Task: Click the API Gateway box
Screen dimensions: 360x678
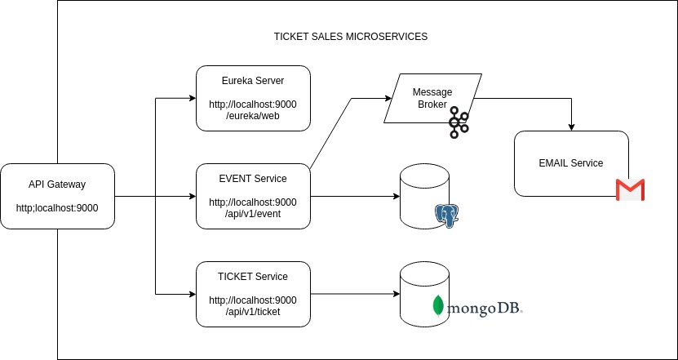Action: pos(57,196)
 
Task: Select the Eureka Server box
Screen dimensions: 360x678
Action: pos(253,98)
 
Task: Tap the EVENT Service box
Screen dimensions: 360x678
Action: pos(253,196)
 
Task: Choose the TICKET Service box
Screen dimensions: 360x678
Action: pos(253,294)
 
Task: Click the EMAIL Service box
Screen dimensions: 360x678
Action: pos(570,163)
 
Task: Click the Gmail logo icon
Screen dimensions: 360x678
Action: pos(630,190)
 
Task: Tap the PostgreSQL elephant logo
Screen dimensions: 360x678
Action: pos(446,215)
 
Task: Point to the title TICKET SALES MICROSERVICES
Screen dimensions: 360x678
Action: pos(350,38)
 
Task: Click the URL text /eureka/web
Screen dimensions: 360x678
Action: pos(253,117)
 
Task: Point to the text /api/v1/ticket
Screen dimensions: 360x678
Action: pos(253,313)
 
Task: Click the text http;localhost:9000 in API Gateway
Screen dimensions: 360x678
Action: pos(57,208)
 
